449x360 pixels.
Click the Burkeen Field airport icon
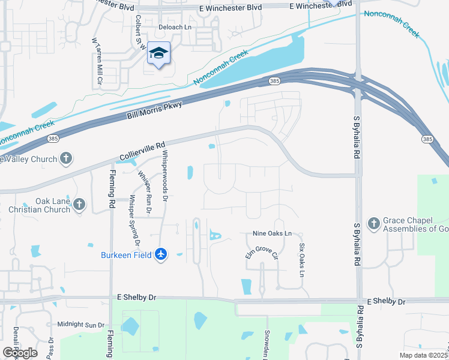[160, 254]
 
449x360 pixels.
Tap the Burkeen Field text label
[127, 254]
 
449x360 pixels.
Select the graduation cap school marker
[159, 54]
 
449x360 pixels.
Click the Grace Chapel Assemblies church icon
[373, 223]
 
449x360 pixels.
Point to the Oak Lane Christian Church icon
[79, 205]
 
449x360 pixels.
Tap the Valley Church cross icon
[66, 159]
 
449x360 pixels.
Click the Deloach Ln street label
[174, 28]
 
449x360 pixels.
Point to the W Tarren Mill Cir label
[95, 61]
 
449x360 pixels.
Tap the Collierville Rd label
[142, 152]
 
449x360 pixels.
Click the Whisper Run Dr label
[145, 193]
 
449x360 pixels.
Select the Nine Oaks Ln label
[272, 233]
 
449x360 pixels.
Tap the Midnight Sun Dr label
[81, 325]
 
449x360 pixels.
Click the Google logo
[20, 352]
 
